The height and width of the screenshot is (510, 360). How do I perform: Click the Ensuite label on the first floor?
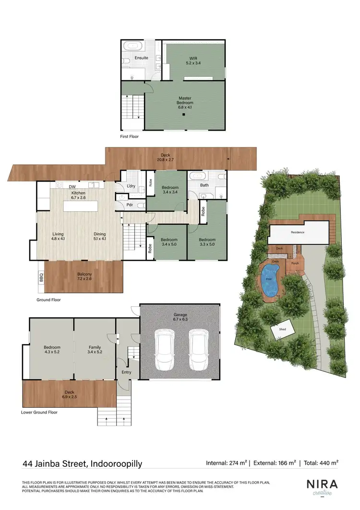[x=141, y=58]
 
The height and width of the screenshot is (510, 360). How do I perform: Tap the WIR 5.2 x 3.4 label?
[x=194, y=61]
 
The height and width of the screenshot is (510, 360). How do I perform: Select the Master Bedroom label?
[x=185, y=103]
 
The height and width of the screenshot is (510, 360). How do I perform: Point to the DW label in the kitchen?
[x=72, y=187]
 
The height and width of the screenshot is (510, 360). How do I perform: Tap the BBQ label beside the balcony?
[x=41, y=278]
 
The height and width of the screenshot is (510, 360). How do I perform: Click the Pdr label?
[x=130, y=204]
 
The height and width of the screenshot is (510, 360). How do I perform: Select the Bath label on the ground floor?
[x=204, y=185]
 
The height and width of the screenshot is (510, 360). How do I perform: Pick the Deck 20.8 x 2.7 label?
[x=166, y=158]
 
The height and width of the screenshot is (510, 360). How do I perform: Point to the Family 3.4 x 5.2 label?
[x=95, y=350]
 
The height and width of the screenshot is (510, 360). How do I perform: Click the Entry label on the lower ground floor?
[x=126, y=372]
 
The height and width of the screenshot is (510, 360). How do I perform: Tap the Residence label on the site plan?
[x=298, y=232]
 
